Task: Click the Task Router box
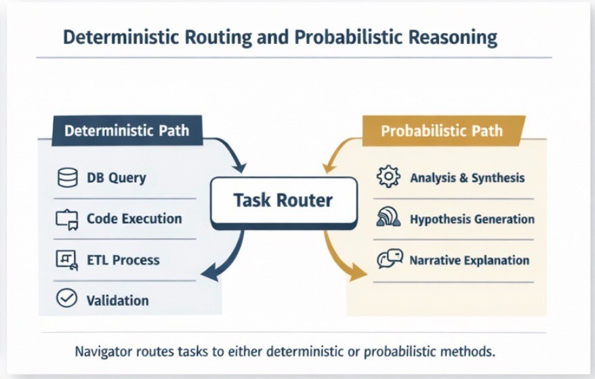[283, 200]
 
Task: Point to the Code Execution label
[134, 219]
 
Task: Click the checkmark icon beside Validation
[66, 298]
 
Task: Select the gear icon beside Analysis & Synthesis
[387, 178]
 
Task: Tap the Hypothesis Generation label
[472, 219]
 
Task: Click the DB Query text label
[116, 179]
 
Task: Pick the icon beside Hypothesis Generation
[388, 219]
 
